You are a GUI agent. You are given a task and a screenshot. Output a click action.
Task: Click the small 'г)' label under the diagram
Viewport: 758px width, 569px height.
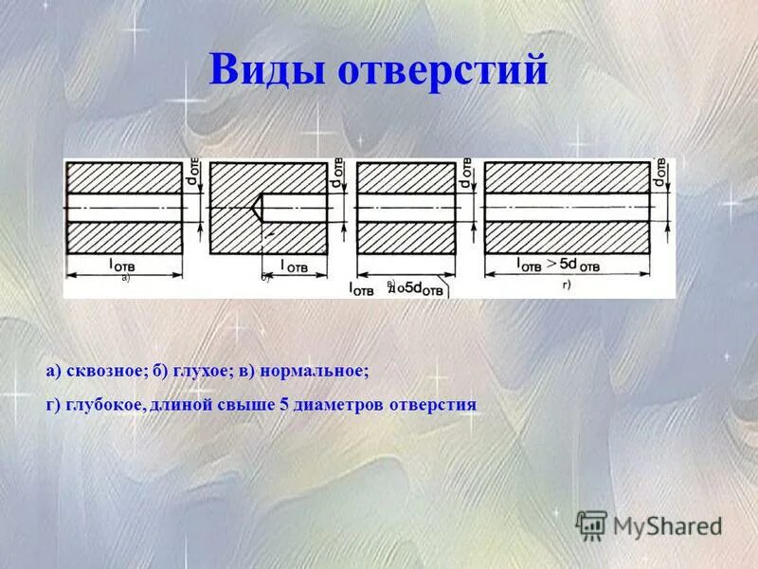(567, 284)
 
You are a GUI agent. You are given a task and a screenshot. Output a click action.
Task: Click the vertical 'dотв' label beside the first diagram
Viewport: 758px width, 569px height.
(191, 176)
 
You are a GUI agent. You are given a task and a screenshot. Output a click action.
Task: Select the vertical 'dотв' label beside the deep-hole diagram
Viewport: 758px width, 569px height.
(659, 176)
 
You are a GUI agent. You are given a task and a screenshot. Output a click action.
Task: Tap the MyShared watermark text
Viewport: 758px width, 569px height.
(667, 523)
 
